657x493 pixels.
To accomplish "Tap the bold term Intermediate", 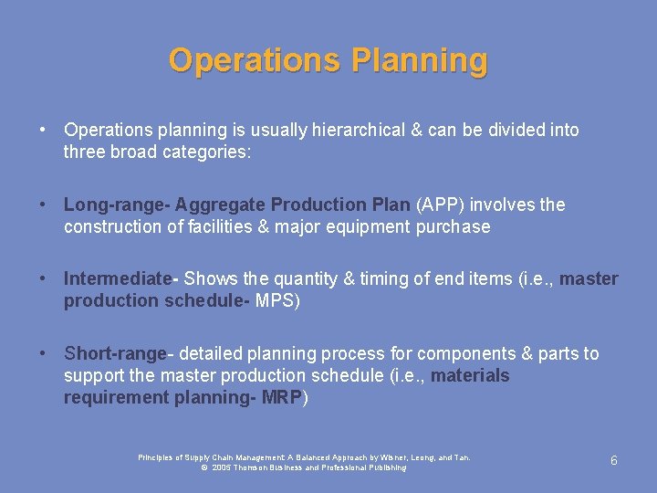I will (118, 278).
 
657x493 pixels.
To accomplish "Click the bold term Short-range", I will (115, 353).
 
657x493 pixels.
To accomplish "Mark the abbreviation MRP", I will (282, 397).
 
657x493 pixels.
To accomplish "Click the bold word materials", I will (470, 375).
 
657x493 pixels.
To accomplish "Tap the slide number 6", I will (613, 461).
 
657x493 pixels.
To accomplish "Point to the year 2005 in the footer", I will (223, 467).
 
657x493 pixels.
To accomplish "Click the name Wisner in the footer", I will (390, 457).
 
